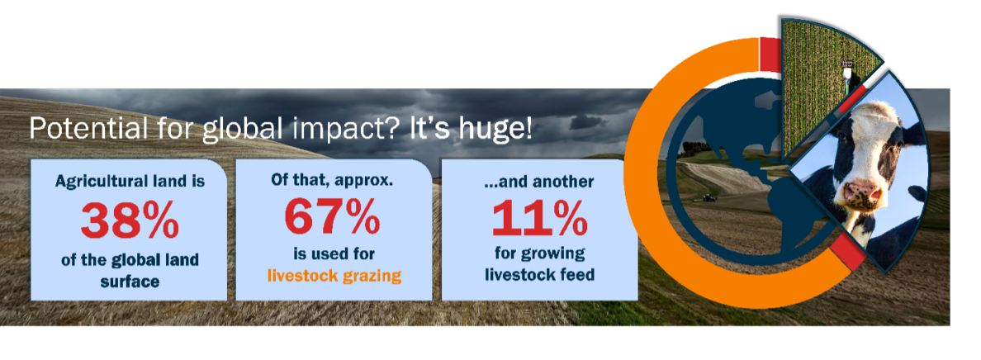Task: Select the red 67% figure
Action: point(333,216)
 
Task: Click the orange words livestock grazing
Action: point(334,275)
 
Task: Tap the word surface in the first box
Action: point(129,281)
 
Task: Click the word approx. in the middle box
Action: point(364,179)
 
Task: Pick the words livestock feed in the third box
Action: point(539,274)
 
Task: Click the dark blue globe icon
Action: point(727,173)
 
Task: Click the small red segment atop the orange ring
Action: point(769,49)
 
